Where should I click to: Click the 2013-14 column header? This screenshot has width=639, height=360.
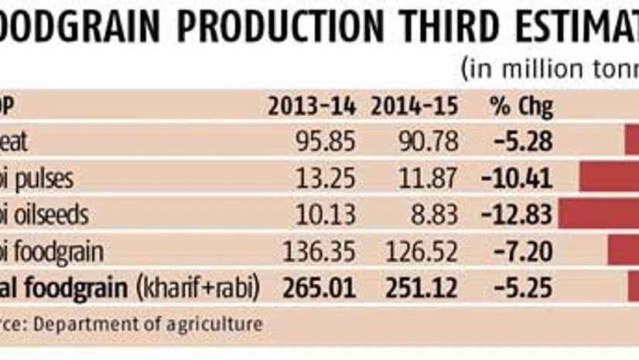[311, 106]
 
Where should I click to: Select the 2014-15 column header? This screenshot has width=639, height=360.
[414, 106]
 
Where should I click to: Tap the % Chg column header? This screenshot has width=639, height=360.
[521, 106]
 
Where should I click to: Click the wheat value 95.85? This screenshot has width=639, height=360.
[326, 142]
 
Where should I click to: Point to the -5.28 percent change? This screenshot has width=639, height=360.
[523, 142]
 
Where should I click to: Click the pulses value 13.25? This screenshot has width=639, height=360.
[326, 179]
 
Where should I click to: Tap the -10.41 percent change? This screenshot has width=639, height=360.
[517, 179]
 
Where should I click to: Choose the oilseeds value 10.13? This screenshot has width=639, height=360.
[326, 215]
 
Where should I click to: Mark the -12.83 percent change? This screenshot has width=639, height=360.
[517, 215]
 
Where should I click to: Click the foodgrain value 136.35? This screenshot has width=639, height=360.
[319, 252]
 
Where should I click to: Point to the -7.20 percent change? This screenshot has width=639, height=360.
[523, 252]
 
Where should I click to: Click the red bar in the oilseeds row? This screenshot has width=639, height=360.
[599, 214]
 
